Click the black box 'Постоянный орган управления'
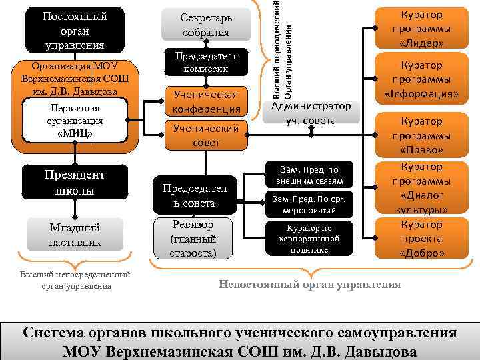pos(65,30)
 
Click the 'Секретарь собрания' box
pos(205,25)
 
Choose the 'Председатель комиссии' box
pos(205,62)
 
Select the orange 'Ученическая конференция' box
pos(205,101)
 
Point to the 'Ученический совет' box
pos(205,135)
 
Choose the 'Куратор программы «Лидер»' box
pos(421,29)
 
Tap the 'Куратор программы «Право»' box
pos(421,135)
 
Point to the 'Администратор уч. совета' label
pos(309,113)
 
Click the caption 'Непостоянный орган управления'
pos(310,285)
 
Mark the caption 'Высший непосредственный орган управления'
pos(75,280)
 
